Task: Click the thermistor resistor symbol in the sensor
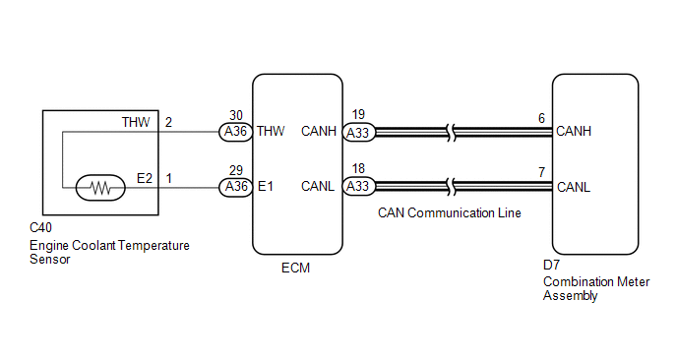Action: (100, 188)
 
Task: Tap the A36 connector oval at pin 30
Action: (235, 131)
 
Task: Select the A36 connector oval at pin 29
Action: (235, 187)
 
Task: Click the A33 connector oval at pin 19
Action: (358, 133)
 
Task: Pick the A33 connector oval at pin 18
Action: (358, 187)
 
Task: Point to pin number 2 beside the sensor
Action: (168, 123)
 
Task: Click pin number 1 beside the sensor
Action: (169, 178)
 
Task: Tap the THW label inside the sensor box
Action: (136, 123)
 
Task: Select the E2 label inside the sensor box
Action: (145, 178)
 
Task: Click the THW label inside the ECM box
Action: (271, 131)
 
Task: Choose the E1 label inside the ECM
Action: (265, 187)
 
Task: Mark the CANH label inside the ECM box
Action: (319, 131)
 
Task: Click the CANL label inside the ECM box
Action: (318, 187)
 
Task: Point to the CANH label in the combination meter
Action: (574, 131)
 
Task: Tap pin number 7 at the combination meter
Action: (542, 173)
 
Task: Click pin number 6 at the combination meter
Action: (542, 118)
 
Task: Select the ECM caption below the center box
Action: (296, 269)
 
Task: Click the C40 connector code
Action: (40, 227)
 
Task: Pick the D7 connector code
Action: (551, 265)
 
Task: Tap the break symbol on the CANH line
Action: (452, 133)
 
